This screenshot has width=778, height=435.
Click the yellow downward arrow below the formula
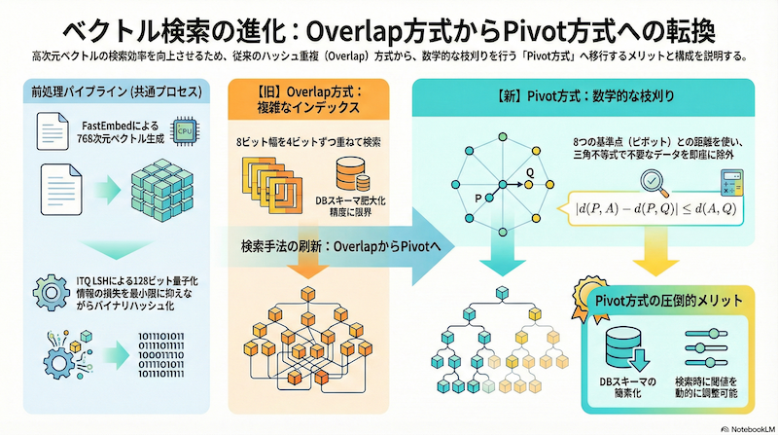click(646, 259)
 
